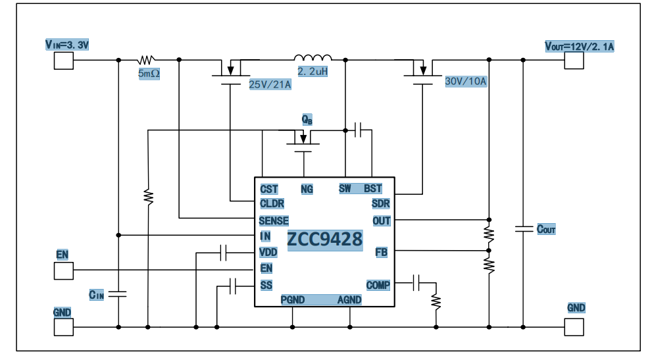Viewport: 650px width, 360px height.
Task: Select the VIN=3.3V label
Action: pyautogui.click(x=66, y=45)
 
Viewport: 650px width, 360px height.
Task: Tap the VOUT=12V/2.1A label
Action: pyautogui.click(x=579, y=46)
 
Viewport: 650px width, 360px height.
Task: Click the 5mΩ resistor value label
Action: pyautogui.click(x=149, y=74)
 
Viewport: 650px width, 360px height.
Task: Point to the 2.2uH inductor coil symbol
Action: pyautogui.click(x=312, y=58)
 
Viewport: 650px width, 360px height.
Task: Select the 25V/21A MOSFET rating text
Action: pyautogui.click(x=270, y=84)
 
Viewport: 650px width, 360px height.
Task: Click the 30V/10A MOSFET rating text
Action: pyautogui.click(x=466, y=82)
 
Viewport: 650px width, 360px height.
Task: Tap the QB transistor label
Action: pyautogui.click(x=307, y=119)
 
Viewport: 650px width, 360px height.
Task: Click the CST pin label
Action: pyautogui.click(x=269, y=189)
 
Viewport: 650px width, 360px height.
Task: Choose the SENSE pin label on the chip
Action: pyautogui.click(x=274, y=221)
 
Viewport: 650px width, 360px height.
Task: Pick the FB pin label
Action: pyautogui.click(x=381, y=252)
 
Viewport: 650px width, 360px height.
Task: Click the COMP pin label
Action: pyautogui.click(x=378, y=285)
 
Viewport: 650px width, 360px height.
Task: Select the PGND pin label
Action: pyautogui.click(x=293, y=300)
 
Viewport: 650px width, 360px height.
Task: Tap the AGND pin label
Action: pyautogui.click(x=349, y=300)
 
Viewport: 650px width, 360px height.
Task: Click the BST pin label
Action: pyautogui.click(x=373, y=189)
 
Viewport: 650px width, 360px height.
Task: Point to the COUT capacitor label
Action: pyautogui.click(x=546, y=230)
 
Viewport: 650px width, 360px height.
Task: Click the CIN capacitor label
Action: pyautogui.click(x=97, y=294)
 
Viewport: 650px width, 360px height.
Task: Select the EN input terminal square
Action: pyautogui.click(x=63, y=270)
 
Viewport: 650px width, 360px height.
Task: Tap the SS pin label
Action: pyautogui.click(x=266, y=285)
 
